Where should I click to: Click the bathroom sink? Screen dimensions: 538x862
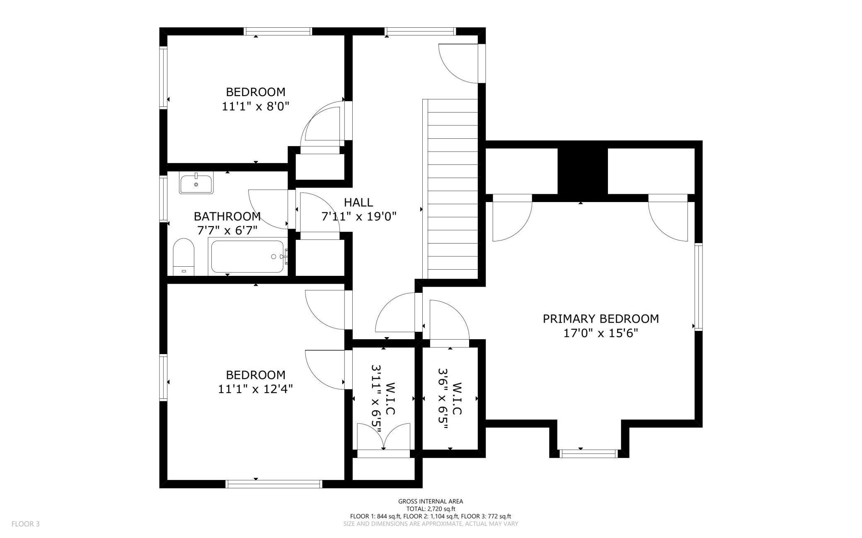pos(196,183)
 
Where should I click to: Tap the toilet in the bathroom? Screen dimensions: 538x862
pos(184,257)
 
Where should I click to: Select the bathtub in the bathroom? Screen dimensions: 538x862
pos(248,257)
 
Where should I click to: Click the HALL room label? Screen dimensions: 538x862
pos(358,203)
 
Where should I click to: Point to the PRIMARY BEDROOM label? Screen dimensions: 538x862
pos(600,319)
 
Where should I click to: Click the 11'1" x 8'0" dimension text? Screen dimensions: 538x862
pos(255,106)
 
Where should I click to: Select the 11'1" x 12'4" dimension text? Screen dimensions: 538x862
pos(255,389)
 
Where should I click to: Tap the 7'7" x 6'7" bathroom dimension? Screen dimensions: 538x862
pos(227,230)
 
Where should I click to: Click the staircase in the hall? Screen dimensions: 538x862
pos(452,188)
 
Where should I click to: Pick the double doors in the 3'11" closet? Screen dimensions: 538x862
pos(384,437)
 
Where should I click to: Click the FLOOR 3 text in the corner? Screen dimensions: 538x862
pos(25,524)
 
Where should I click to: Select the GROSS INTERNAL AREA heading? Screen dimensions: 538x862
pos(431,501)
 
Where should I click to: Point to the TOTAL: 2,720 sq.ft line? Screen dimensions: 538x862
pos(431,509)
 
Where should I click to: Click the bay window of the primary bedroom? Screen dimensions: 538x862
pos(588,454)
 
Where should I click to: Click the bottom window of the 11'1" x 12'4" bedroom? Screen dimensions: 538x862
pos(274,484)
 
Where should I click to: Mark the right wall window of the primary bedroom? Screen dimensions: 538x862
pos(699,287)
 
